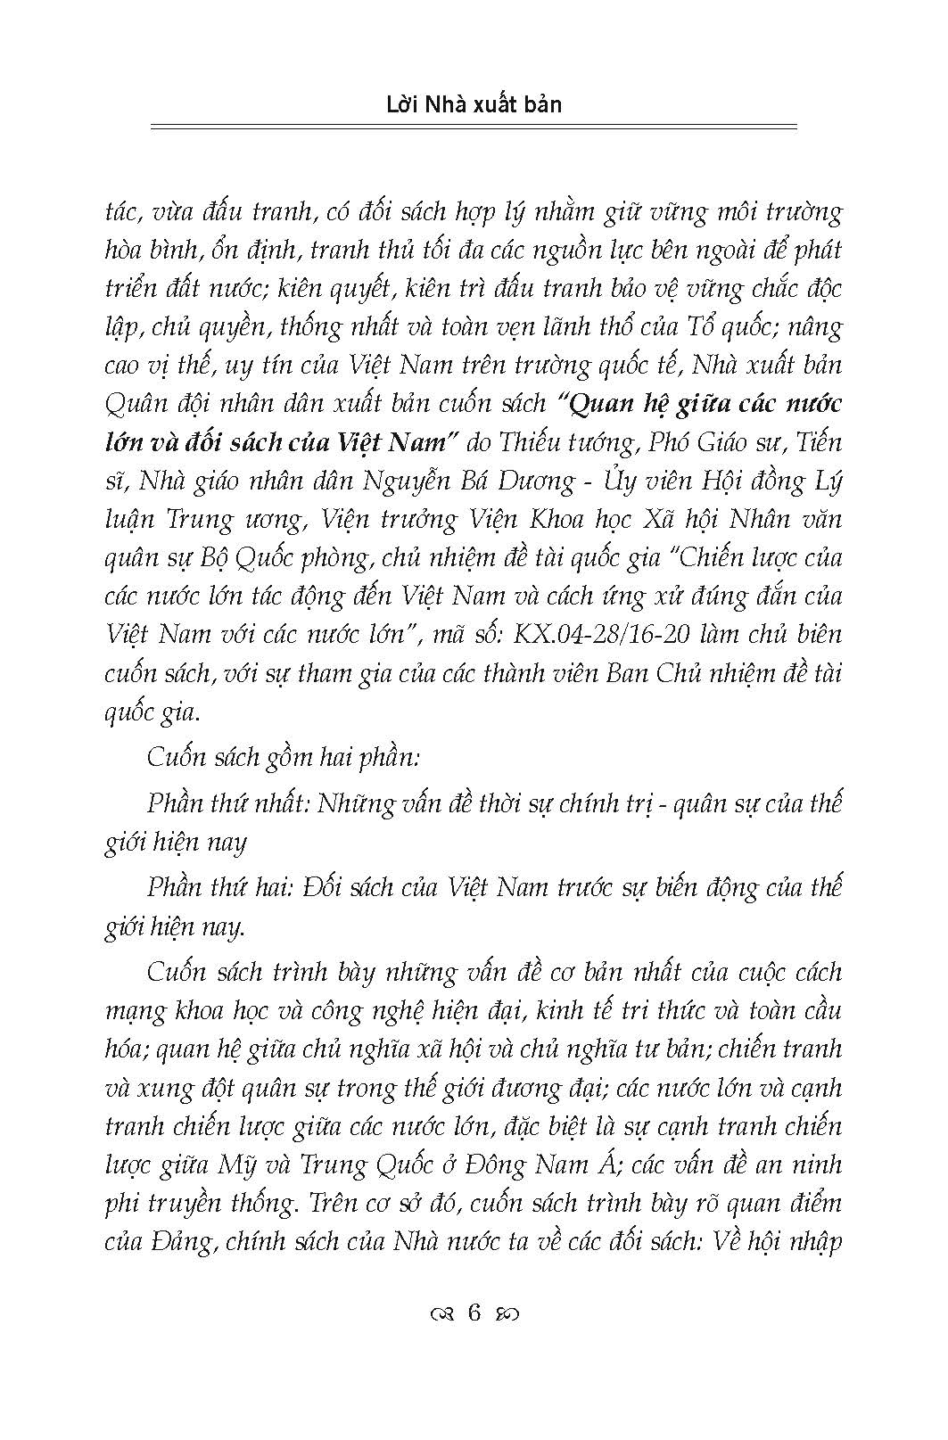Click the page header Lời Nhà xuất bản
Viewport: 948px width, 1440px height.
(474, 104)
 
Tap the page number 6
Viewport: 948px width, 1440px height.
(474, 1312)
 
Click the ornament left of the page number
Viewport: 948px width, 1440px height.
(441, 1313)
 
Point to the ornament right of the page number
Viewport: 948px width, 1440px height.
(509, 1313)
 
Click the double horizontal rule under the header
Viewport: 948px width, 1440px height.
(474, 128)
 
